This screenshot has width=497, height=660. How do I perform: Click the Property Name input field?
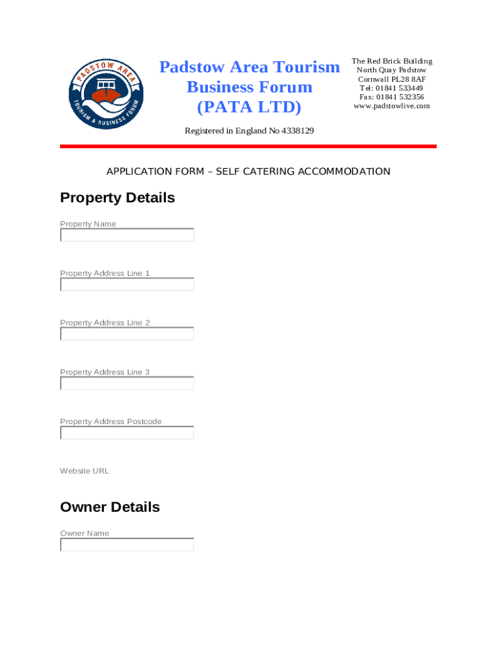coord(127,235)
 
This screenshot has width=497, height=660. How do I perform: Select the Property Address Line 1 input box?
coord(127,284)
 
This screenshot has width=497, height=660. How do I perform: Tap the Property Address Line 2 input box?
coord(127,334)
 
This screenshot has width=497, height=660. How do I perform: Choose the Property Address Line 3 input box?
coord(127,383)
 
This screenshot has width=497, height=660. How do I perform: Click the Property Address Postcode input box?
coord(127,433)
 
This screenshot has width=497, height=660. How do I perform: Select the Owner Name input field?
coord(127,545)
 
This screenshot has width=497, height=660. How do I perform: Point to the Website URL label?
coord(85,471)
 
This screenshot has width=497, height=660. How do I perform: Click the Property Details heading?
coord(117,198)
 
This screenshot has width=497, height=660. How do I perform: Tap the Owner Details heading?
coord(110,507)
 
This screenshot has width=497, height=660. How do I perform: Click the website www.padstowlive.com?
coord(392,106)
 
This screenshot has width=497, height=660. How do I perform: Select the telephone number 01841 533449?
coord(400,88)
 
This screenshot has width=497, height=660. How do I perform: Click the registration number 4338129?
coord(298,131)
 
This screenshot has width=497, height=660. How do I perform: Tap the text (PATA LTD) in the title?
coord(249,106)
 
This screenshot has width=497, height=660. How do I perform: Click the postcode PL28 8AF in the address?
coord(409,79)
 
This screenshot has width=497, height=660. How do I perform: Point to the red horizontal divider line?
coord(249,147)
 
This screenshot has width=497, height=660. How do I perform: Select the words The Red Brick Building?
coord(392,61)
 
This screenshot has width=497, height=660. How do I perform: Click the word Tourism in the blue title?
coord(307,67)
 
